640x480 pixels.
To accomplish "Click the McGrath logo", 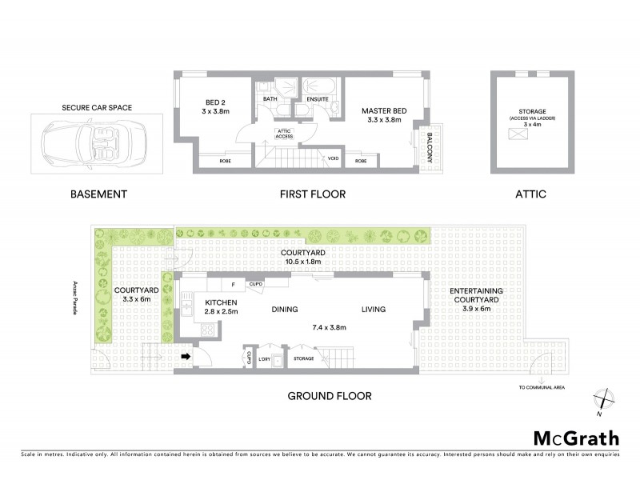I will (x=576, y=438).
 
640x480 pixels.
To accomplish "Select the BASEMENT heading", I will (x=98, y=194).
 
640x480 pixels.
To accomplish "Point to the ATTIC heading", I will (x=531, y=194).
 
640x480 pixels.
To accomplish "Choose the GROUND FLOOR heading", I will (x=330, y=396).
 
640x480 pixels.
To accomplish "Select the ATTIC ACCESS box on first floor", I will (x=284, y=134).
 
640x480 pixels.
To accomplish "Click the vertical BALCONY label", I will (x=429, y=146).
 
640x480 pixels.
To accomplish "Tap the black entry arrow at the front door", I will (x=186, y=357).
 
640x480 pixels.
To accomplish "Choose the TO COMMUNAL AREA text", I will (x=541, y=387).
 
